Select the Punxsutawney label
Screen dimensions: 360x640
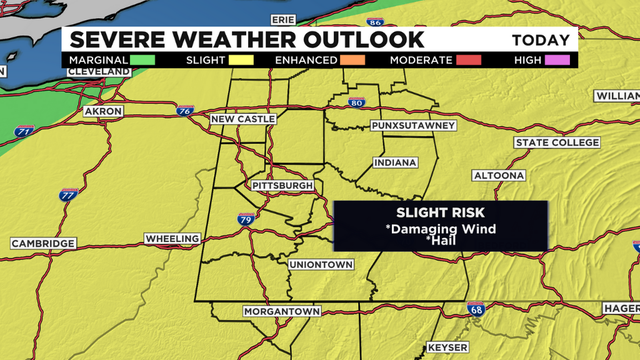coord(412,125)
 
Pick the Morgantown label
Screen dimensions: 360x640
coord(282,312)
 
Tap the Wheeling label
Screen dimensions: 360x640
coord(173,240)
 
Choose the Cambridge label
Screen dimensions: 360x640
coord(44,244)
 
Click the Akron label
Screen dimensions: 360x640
coord(103,111)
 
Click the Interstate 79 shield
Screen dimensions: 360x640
coord(245,218)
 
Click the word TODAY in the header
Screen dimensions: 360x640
coord(542,41)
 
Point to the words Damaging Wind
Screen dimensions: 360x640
coord(440,228)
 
